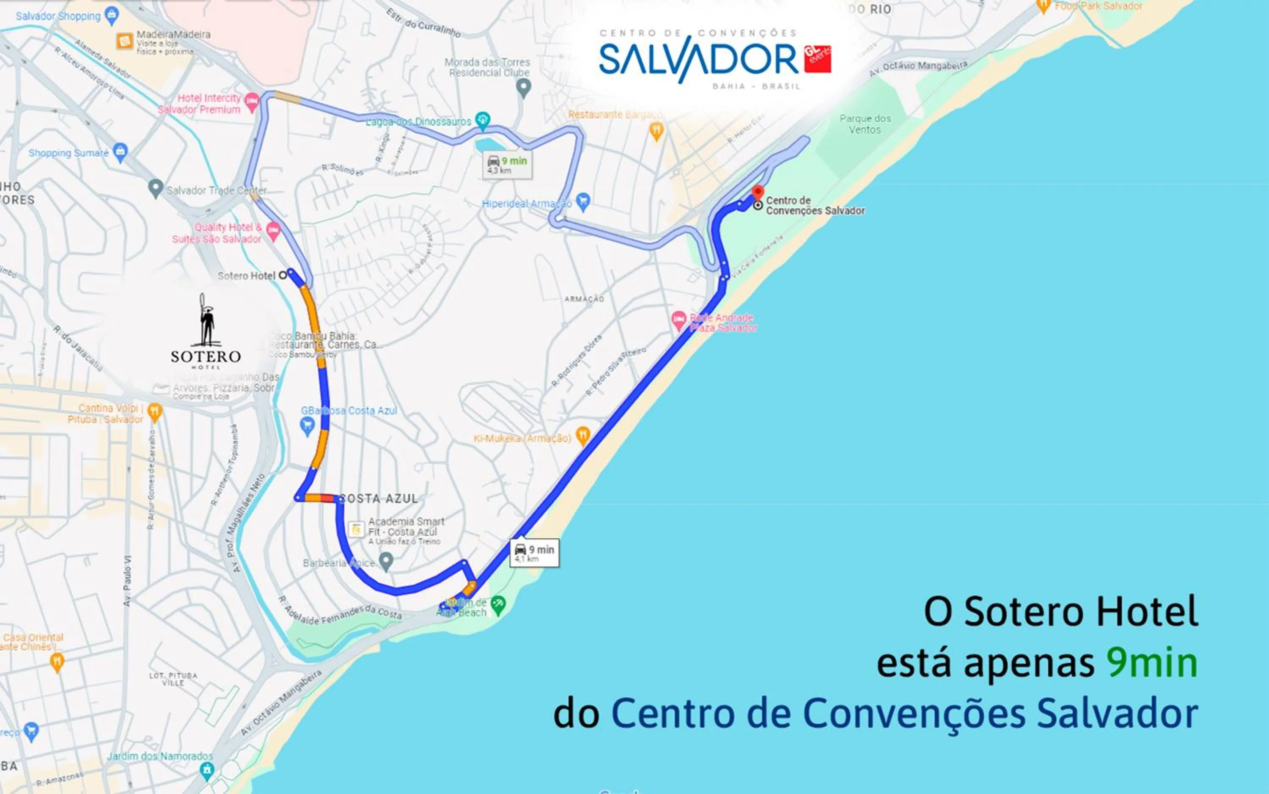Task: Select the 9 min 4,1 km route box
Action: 534,553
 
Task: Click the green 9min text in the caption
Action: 1152,663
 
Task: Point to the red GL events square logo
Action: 817,58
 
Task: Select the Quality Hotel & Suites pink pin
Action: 273,231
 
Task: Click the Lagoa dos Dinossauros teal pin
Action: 482,120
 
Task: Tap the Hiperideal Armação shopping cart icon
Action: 582,201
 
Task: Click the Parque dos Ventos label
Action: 865,124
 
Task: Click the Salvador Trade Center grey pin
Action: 155,188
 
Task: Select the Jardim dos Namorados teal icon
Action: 207,770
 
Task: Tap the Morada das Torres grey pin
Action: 523,87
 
